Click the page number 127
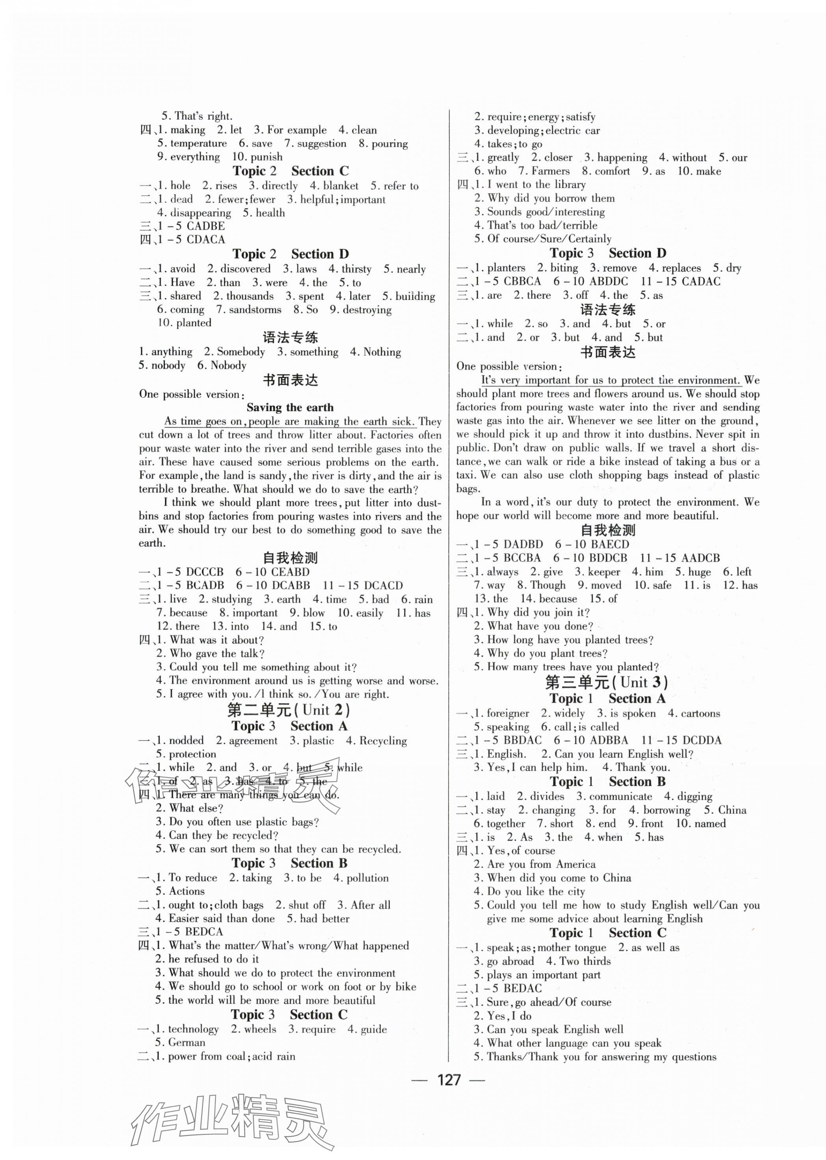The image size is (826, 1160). (448, 1094)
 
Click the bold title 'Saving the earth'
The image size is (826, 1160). (290, 407)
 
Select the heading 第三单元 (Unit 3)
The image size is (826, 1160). (606, 682)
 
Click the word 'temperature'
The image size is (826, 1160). (199, 143)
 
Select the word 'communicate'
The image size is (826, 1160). (620, 796)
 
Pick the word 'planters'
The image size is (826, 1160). (506, 267)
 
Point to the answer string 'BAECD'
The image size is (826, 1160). (611, 544)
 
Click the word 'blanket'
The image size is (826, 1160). (341, 186)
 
